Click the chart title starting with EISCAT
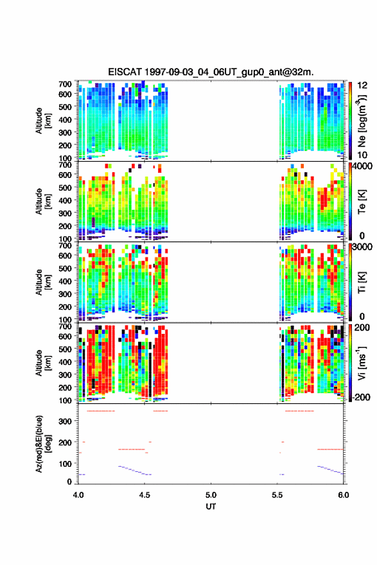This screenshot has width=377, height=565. pos(211,72)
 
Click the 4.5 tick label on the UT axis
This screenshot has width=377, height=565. pos(145,495)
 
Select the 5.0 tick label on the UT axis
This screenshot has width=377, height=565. pos(211,495)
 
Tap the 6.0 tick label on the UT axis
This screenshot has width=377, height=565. pos(344,495)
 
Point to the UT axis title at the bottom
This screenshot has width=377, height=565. pos(211,507)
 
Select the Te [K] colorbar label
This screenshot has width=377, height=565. pos(362,202)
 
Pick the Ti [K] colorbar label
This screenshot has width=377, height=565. pos(362,282)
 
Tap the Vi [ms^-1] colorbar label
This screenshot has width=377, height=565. pos(362,363)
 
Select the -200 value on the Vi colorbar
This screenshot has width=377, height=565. pos(361,397)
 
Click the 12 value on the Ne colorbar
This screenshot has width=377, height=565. pos(362,85)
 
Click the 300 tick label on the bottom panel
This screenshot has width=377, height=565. pos(65,421)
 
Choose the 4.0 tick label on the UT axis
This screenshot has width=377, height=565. pos(78,495)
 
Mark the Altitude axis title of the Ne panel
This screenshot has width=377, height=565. pos(43,121)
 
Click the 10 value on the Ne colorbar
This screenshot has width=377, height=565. pos(362,155)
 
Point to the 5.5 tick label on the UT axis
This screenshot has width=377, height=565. pos(277,495)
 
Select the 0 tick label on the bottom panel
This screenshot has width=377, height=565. pos(69,482)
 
